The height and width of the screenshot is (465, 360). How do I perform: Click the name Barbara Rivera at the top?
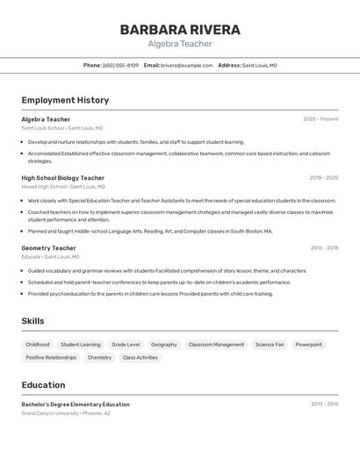pyautogui.click(x=179, y=29)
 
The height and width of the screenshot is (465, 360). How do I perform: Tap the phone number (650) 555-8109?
pyautogui.click(x=120, y=65)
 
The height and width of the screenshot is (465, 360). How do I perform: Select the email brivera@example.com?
pyautogui.click(x=187, y=65)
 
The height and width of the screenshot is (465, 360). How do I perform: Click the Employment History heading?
pyautogui.click(x=65, y=100)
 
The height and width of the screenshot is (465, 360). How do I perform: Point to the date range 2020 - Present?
pyautogui.click(x=320, y=119)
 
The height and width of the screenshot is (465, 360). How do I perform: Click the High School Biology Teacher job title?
pyautogui.click(x=62, y=178)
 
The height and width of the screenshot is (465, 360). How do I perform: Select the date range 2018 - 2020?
pyautogui.click(x=323, y=178)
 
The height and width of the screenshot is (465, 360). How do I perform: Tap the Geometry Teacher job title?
pyautogui.click(x=49, y=248)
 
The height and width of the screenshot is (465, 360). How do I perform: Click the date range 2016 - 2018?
pyautogui.click(x=323, y=248)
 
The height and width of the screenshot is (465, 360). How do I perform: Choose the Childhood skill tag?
pyautogui.click(x=38, y=345)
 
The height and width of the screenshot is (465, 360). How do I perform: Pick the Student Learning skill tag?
pyautogui.click(x=81, y=345)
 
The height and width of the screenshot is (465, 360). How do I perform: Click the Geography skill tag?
pyautogui.click(x=164, y=345)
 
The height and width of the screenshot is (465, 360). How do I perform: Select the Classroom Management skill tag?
pyautogui.click(x=216, y=345)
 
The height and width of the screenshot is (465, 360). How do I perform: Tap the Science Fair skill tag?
pyautogui.click(x=270, y=345)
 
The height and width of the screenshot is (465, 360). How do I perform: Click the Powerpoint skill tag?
pyautogui.click(x=308, y=345)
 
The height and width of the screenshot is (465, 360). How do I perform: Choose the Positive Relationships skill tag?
pyautogui.click(x=51, y=358)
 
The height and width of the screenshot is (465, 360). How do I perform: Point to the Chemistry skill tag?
pyautogui.click(x=99, y=358)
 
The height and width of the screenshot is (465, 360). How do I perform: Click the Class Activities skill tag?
pyautogui.click(x=140, y=358)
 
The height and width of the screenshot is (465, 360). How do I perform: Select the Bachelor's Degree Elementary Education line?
pyautogui.click(x=76, y=404)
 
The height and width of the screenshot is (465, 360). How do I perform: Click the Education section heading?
pyautogui.click(x=43, y=385)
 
